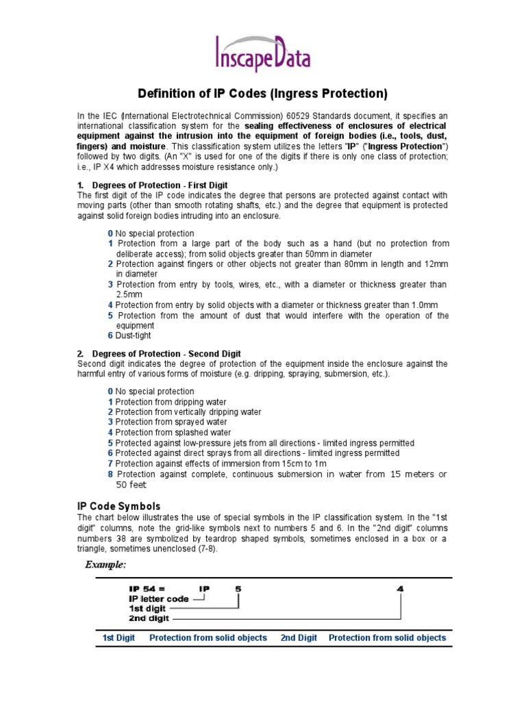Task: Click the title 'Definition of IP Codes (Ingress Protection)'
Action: pyautogui.click(x=263, y=93)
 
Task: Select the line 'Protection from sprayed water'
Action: pyautogui.click(x=162, y=422)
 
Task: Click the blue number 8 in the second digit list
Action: pyautogui.click(x=110, y=474)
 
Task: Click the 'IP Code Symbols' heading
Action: pyautogui.click(x=118, y=506)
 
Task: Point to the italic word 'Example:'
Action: pyautogui.click(x=105, y=564)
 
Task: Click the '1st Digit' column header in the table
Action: pyautogui.click(x=118, y=638)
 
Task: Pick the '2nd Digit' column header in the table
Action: pyautogui.click(x=299, y=638)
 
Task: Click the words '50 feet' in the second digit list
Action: pyautogui.click(x=131, y=485)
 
